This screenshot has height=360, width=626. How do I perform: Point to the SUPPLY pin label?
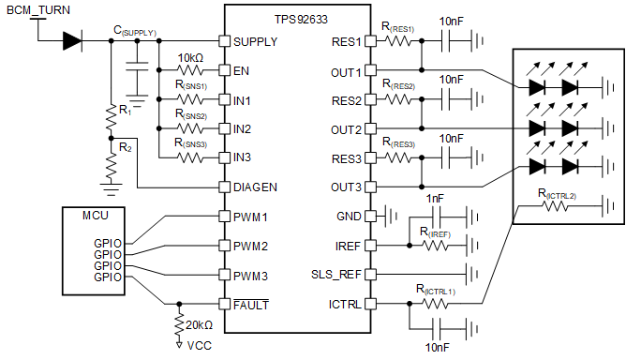pyautogui.click(x=256, y=41)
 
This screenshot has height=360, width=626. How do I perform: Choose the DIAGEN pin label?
pyautogui.click(x=256, y=187)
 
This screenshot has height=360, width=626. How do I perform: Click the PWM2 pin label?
pyautogui.click(x=252, y=246)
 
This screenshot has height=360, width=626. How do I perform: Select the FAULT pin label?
pyautogui.click(x=252, y=304)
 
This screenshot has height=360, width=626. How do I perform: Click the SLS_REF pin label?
pyautogui.click(x=335, y=275)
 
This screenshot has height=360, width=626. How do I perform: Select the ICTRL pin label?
pyautogui.click(x=343, y=304)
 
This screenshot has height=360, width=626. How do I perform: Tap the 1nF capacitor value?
pyautogui.click(x=436, y=200)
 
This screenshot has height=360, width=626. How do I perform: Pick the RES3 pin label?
pyautogui.click(x=345, y=157)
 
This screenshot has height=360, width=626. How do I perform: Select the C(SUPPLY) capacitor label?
pyautogui.click(x=136, y=30)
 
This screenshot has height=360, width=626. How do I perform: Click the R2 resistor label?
pyautogui.click(x=125, y=147)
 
